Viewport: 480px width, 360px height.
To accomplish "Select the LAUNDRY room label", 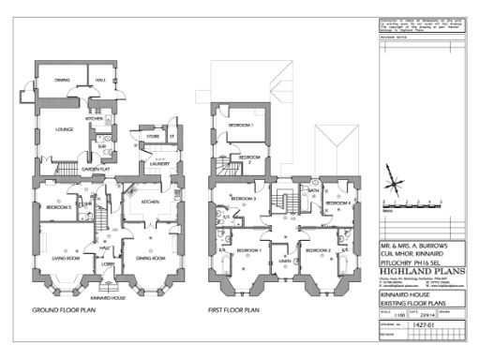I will (158, 160).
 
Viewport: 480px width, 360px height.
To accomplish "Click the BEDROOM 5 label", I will (59, 207).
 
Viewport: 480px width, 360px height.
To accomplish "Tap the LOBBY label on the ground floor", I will (107, 265).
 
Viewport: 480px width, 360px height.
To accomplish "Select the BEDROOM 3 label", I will (244, 199).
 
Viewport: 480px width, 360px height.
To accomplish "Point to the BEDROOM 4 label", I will (337, 203).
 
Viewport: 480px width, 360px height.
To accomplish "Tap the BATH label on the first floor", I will (313, 190).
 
